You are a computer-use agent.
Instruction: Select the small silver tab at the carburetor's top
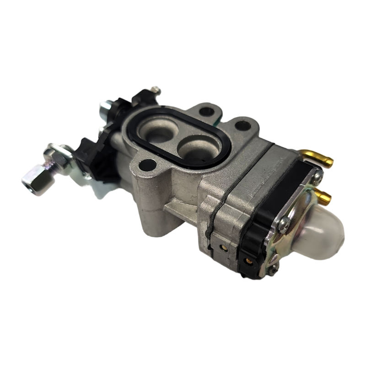click(157, 88)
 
